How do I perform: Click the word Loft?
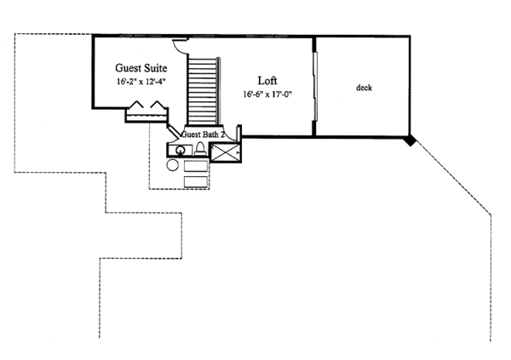(x=267, y=81)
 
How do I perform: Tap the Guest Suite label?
(x=141, y=68)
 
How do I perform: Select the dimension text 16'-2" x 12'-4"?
(x=141, y=82)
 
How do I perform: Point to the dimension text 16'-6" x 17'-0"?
(x=267, y=94)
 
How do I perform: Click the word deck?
(x=364, y=88)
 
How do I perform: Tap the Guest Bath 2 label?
(x=203, y=134)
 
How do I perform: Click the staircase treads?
(x=203, y=91)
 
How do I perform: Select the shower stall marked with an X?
(x=225, y=152)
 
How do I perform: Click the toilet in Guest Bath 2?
(x=200, y=149)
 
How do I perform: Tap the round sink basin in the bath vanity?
(x=181, y=151)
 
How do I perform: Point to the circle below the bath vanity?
(x=172, y=165)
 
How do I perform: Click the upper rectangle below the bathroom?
(x=196, y=166)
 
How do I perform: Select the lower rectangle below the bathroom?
(x=196, y=182)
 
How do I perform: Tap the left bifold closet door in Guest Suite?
(x=136, y=104)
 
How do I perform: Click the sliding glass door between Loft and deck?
(x=315, y=86)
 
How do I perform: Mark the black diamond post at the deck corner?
(x=410, y=140)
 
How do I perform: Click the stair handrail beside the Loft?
(x=218, y=91)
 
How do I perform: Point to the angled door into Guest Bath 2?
(x=174, y=130)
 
